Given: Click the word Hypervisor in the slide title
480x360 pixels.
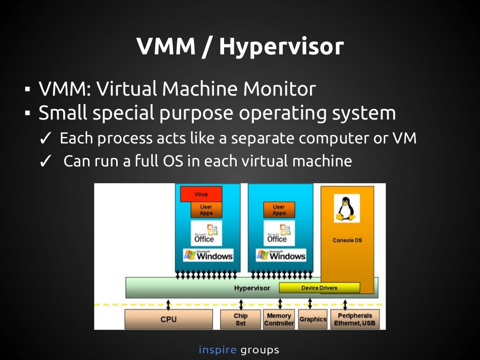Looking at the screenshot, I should (281, 47).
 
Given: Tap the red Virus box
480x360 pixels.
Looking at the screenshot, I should (201, 194).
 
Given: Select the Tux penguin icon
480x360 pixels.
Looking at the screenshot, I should (346, 209).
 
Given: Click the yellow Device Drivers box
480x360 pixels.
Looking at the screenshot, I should (319, 288).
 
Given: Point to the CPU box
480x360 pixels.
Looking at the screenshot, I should (168, 319).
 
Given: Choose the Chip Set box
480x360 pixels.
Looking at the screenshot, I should (240, 319).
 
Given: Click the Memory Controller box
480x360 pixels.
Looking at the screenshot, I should (279, 319).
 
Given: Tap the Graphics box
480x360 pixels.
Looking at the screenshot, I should (313, 319).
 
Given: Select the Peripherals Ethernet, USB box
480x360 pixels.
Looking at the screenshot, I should (354, 319).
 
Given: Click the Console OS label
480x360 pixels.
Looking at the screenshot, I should (347, 240).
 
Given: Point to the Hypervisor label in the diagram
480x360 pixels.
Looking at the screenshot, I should (252, 288).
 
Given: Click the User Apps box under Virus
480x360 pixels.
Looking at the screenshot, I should (206, 210).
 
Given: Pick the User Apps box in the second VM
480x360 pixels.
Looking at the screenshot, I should (279, 210).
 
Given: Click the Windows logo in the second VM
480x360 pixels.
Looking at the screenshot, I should (280, 255).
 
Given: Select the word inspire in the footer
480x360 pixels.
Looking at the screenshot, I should (217, 350).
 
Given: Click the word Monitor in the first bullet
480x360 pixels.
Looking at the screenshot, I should (278, 89).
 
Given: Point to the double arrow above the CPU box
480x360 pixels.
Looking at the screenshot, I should (168, 303).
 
